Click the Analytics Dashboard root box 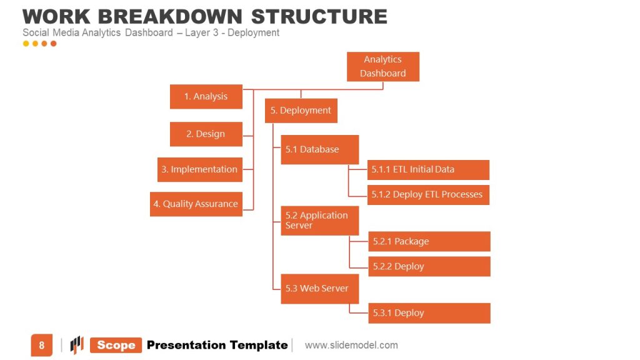[x=382, y=66]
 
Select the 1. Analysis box [x=206, y=97]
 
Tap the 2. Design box [x=206, y=134]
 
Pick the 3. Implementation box [x=199, y=169]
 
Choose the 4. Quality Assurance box [x=196, y=204]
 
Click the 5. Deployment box [x=301, y=111]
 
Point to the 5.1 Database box [x=319, y=149]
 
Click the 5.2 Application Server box [x=319, y=220]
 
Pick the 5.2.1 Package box [x=428, y=241]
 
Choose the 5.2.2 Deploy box [x=428, y=266]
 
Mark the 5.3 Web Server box [x=319, y=289]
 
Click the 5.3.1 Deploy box [x=428, y=313]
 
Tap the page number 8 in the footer [x=42, y=346]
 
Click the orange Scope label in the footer [x=116, y=346]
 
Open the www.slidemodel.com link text [x=351, y=345]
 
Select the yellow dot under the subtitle [x=26, y=44]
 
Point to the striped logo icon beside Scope [x=77, y=345]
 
